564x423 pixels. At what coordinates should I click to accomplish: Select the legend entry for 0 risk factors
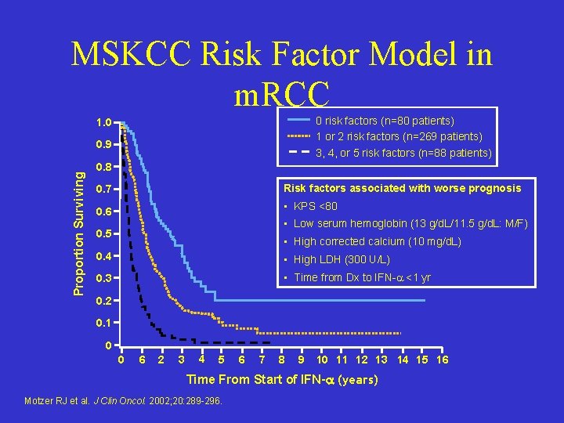(x=384, y=121)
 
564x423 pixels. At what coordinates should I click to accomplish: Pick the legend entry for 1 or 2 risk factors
(x=398, y=136)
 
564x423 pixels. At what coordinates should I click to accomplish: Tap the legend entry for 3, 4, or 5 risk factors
(x=403, y=153)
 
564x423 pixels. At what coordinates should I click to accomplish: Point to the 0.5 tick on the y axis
(x=103, y=234)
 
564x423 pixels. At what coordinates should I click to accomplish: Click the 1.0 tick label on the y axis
(x=103, y=123)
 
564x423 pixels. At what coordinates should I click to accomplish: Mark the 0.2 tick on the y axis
(x=103, y=301)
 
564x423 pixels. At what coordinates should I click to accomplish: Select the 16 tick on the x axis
(x=442, y=360)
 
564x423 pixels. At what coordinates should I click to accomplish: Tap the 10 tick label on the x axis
(x=322, y=360)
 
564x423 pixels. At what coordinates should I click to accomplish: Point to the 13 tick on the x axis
(x=381, y=360)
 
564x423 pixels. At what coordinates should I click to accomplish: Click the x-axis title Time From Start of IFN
(x=282, y=380)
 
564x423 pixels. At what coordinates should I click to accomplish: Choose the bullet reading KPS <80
(x=315, y=206)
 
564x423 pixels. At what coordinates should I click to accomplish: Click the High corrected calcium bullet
(x=377, y=241)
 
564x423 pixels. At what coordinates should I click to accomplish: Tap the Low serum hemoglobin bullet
(x=410, y=224)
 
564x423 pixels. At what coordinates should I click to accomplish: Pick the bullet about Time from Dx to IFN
(x=361, y=277)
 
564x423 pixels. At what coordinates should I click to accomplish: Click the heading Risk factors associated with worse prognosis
(x=402, y=188)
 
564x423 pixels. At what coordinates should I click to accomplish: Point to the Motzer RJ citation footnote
(x=125, y=402)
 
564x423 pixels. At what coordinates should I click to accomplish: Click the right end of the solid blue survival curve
(x=425, y=301)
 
